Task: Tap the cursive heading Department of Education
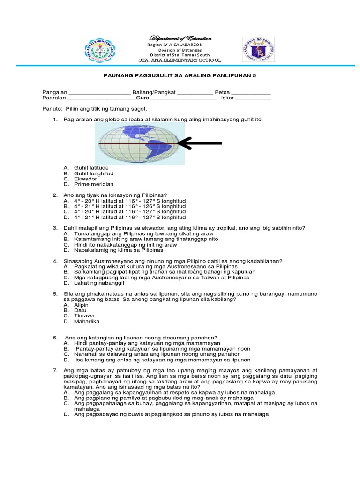coord(180,38)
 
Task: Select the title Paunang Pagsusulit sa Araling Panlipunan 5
coord(180,75)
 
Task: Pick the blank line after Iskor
coord(253,98)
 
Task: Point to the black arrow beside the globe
coord(200,143)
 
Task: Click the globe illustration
coord(139,144)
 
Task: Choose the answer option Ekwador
coord(85,179)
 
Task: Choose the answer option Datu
coord(80,310)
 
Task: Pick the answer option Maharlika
coord(86,322)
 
